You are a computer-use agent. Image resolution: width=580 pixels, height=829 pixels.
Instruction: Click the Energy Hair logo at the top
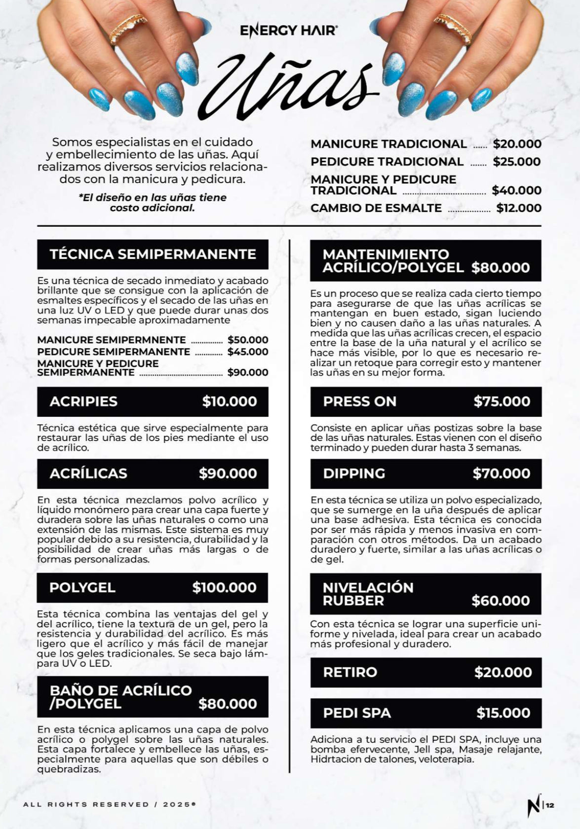pyautogui.click(x=289, y=31)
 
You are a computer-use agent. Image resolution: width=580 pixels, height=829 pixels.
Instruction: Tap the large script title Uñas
pyautogui.click(x=289, y=86)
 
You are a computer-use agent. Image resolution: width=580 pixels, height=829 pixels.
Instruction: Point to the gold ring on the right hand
pyautogui.click(x=452, y=28)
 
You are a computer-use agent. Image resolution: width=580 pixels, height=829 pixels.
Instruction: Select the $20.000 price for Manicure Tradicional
pyautogui.click(x=517, y=144)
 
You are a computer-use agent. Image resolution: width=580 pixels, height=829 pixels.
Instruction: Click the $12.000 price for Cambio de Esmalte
pyautogui.click(x=519, y=208)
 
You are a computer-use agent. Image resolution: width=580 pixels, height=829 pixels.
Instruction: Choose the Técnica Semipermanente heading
pyautogui.click(x=153, y=254)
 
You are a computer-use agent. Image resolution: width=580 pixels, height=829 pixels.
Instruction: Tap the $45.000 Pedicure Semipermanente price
pyautogui.click(x=248, y=352)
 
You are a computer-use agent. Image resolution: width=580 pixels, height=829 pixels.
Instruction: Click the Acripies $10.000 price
pyautogui.click(x=230, y=401)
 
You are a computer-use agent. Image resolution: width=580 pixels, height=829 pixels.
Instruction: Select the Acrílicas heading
pyautogui.click(x=88, y=473)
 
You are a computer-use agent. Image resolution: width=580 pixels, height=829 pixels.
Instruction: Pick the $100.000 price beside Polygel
pyautogui.click(x=225, y=587)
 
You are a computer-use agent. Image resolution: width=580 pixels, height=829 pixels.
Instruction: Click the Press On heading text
pyautogui.click(x=359, y=401)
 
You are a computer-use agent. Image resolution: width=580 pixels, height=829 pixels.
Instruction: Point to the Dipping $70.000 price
pyautogui.click(x=502, y=473)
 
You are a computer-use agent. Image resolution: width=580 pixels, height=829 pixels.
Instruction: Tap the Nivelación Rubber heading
pyautogui.click(x=368, y=594)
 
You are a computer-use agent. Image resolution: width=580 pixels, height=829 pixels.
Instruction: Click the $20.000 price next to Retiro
pyautogui.click(x=503, y=672)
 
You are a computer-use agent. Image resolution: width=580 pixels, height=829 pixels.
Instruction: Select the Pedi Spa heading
pyautogui.click(x=357, y=713)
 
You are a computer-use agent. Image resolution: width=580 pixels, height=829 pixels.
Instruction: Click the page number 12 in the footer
pyautogui.click(x=550, y=805)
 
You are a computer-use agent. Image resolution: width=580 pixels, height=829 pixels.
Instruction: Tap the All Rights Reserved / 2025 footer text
pyautogui.click(x=109, y=804)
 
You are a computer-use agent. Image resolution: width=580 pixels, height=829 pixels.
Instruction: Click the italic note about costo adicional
pyautogui.click(x=153, y=203)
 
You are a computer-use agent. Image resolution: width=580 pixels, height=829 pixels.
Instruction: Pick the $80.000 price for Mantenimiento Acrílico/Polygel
pyautogui.click(x=501, y=268)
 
